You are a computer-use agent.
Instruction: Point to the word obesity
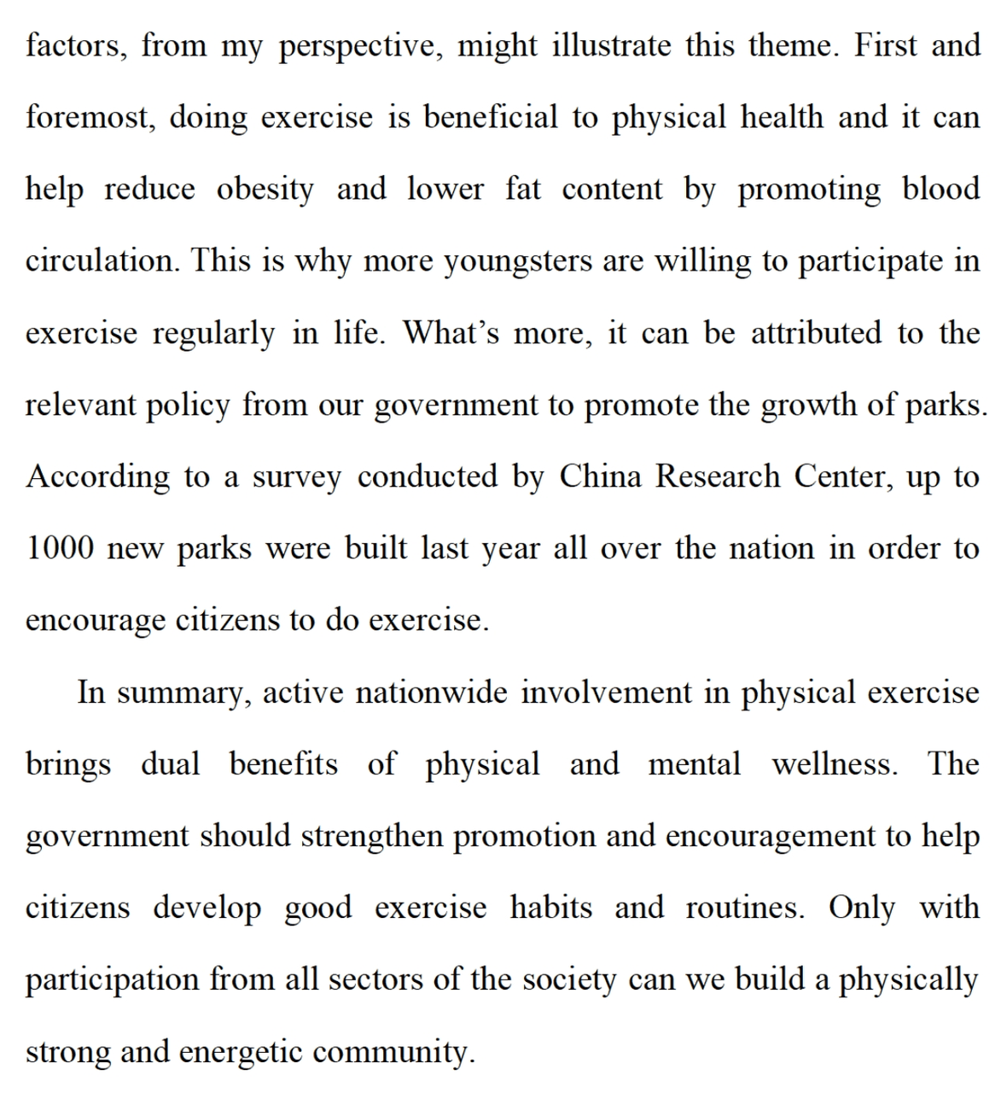[265, 190]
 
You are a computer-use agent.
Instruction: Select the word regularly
[213, 333]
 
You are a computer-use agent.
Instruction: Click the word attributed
[817, 333]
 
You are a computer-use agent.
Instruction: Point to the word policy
[188, 405]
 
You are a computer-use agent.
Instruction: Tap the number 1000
[59, 548]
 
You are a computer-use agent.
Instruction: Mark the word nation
[771, 548]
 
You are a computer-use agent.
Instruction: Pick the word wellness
[835, 763]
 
